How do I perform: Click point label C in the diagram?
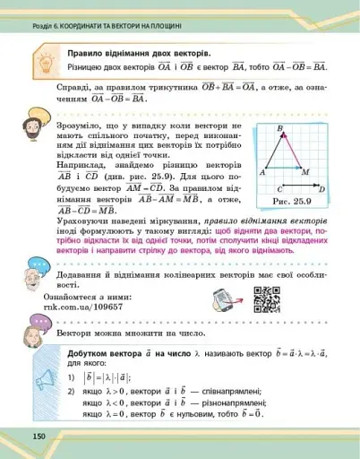[x=279, y=190]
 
